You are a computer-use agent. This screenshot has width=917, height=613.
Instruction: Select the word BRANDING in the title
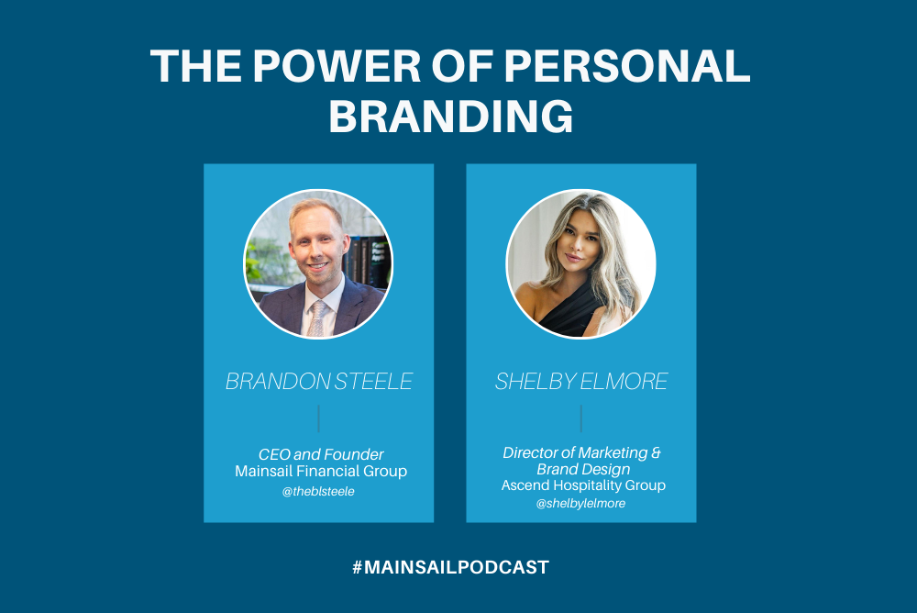point(451,117)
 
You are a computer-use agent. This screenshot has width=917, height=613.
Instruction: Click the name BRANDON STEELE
point(319,382)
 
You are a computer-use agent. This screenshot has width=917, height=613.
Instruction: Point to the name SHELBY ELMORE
point(581,382)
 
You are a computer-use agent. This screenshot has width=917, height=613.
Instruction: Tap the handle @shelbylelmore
point(581,503)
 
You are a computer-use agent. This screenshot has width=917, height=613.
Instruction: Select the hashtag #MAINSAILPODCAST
point(450,567)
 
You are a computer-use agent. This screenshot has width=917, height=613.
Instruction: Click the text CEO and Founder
point(321,454)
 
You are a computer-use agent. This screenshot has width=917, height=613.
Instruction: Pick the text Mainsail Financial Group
point(320,471)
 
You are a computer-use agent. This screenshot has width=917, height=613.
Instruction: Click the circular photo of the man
point(318,263)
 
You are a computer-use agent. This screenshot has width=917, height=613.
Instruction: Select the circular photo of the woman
point(581,263)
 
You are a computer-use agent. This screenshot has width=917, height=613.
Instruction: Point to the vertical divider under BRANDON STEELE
point(318,418)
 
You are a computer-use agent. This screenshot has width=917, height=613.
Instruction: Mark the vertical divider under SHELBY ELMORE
point(581,418)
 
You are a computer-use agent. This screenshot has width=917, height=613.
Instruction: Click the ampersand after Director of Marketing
point(657,452)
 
